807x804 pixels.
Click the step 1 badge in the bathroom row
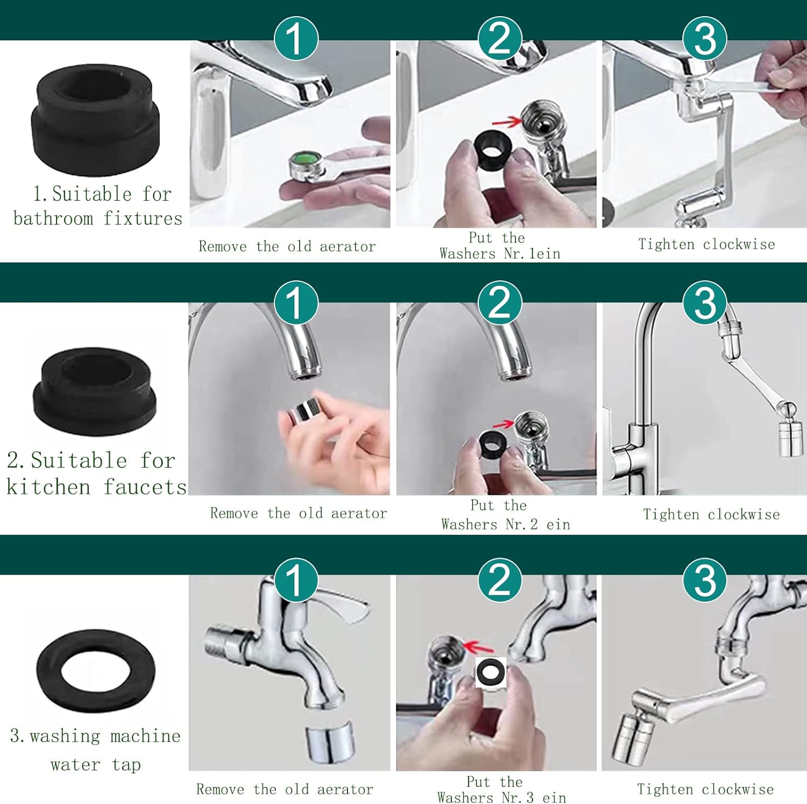pyautogui.click(x=296, y=38)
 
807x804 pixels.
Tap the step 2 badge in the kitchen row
pyautogui.click(x=500, y=303)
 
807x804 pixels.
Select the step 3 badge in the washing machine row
pyautogui.click(x=705, y=580)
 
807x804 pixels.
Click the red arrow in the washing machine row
pyautogui.click(x=478, y=646)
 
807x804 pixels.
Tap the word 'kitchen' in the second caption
pyautogui.click(x=48, y=487)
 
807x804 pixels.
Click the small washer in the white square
pyautogui.click(x=491, y=672)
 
